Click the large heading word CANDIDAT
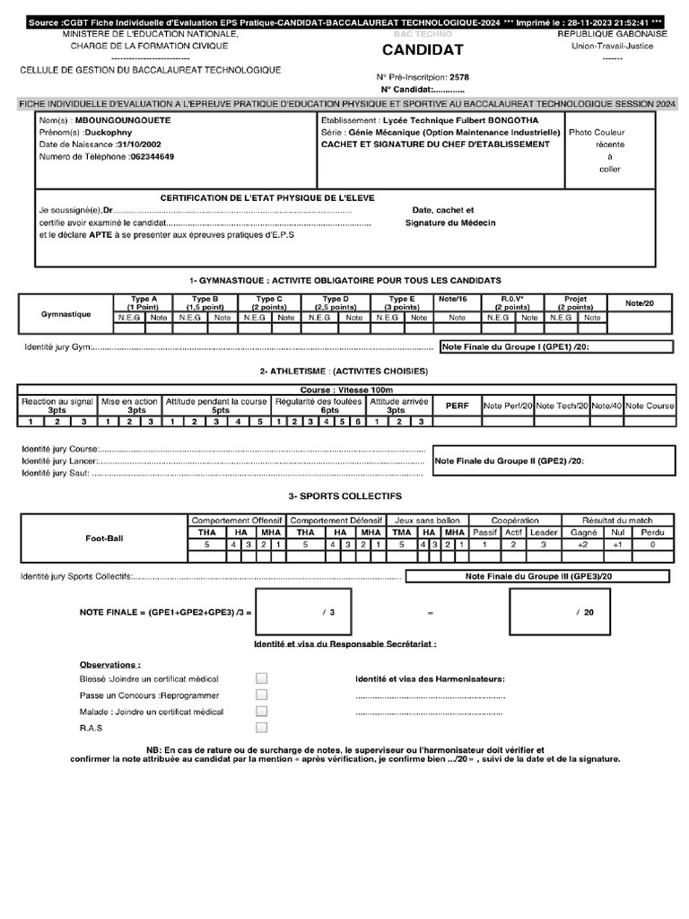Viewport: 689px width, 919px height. (x=423, y=50)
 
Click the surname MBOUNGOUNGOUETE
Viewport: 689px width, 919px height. (x=123, y=119)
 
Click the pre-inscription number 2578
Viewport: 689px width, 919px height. (x=458, y=77)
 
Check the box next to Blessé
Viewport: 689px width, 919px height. (x=261, y=678)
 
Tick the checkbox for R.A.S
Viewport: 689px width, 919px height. (x=261, y=728)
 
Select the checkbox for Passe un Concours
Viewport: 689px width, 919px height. (x=261, y=695)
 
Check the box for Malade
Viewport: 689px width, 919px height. (x=261, y=712)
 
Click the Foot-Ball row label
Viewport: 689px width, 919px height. (x=104, y=538)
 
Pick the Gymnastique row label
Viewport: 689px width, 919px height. (x=65, y=314)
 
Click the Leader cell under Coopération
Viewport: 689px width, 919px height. (x=543, y=532)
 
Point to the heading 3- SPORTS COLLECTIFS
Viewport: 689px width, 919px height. (x=344, y=495)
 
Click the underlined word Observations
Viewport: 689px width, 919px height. (x=109, y=665)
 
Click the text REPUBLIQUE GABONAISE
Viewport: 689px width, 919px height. (x=612, y=33)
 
